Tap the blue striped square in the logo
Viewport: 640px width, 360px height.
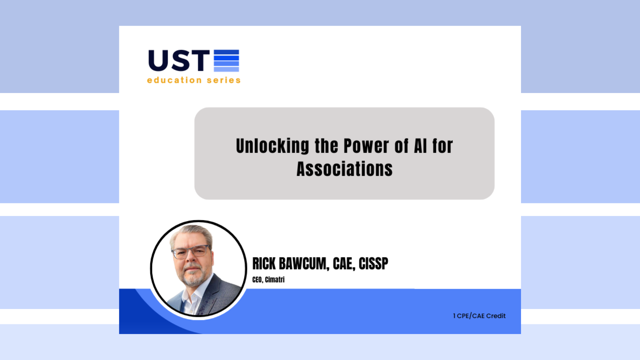coord(226,61)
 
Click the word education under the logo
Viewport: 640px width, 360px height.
coord(174,80)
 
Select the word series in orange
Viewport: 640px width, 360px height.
coord(223,80)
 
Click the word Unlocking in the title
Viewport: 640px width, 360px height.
coord(272,146)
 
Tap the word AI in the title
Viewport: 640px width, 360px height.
coord(420,146)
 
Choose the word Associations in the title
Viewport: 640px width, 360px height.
coord(344,169)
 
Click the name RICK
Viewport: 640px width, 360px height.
coord(264,264)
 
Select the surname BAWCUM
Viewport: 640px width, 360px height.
coord(304,264)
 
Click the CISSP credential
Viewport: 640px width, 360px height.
coord(373,264)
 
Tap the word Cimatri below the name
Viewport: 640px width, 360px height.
coord(275,280)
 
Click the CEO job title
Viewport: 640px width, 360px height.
coord(257,280)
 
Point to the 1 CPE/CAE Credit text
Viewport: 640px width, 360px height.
coord(479,316)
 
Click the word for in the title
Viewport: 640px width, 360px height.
coord(443,146)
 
